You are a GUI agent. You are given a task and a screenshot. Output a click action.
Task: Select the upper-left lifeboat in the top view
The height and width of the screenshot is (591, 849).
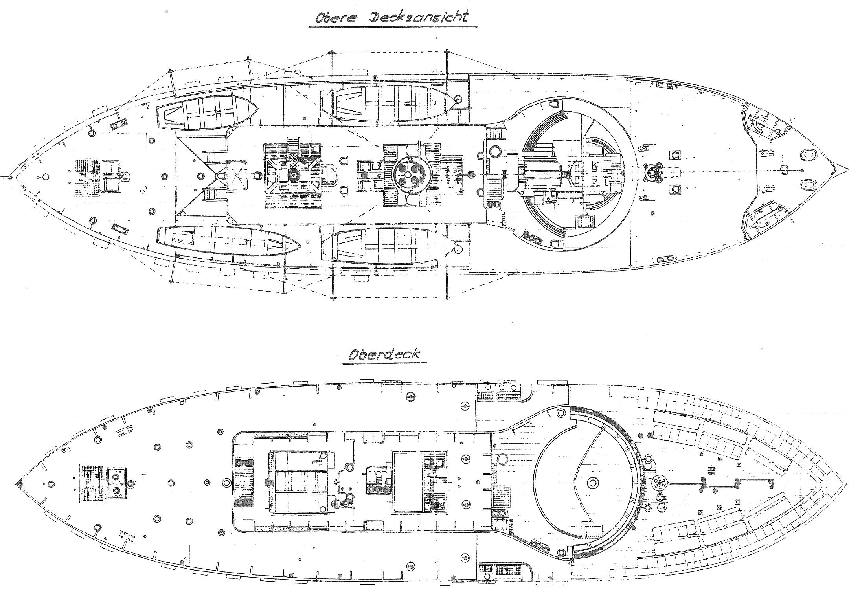pos(208,112)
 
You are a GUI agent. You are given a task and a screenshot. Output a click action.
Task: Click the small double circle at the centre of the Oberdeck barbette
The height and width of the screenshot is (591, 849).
pos(593,482)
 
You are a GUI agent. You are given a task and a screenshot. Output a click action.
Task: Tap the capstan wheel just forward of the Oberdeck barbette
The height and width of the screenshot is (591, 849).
pos(657,483)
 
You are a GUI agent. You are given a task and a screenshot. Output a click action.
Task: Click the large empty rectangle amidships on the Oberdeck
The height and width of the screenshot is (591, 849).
pos(407,482)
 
